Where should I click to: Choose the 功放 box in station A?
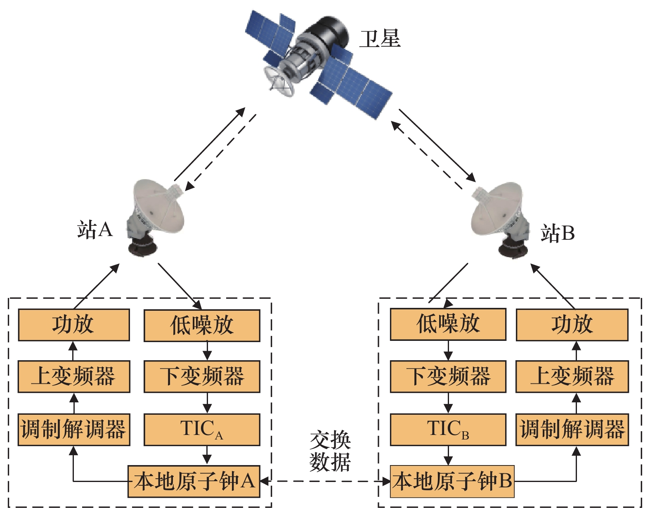point(74,325)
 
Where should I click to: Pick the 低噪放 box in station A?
point(202,326)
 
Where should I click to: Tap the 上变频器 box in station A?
point(74,376)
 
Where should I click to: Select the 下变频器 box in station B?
point(448,376)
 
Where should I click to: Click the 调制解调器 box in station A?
point(74,430)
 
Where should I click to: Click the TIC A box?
point(202,430)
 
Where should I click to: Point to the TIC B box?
point(448,430)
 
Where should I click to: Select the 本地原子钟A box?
point(194,482)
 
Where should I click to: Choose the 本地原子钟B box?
point(452,482)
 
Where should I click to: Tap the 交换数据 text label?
point(330,451)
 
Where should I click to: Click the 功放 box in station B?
point(572,324)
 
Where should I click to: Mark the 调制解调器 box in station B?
point(572,430)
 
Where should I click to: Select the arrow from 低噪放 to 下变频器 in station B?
point(448,350)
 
